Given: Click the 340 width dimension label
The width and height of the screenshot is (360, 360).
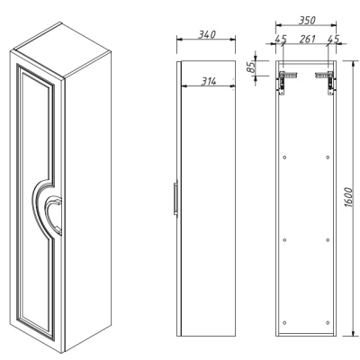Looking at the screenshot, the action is (207, 34).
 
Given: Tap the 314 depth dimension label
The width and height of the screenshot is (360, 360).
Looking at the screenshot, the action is (209, 81).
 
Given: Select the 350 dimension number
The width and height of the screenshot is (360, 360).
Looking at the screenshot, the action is (307, 20).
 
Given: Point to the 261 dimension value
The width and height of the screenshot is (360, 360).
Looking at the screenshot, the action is (308, 39).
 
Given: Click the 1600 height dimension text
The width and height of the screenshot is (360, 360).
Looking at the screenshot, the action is (348, 197).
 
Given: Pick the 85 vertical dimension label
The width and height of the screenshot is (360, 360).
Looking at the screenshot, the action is (251, 67).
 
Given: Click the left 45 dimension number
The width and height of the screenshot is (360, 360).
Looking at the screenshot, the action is (281, 39).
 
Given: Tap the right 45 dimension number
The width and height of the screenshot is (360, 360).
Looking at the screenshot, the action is (333, 39).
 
